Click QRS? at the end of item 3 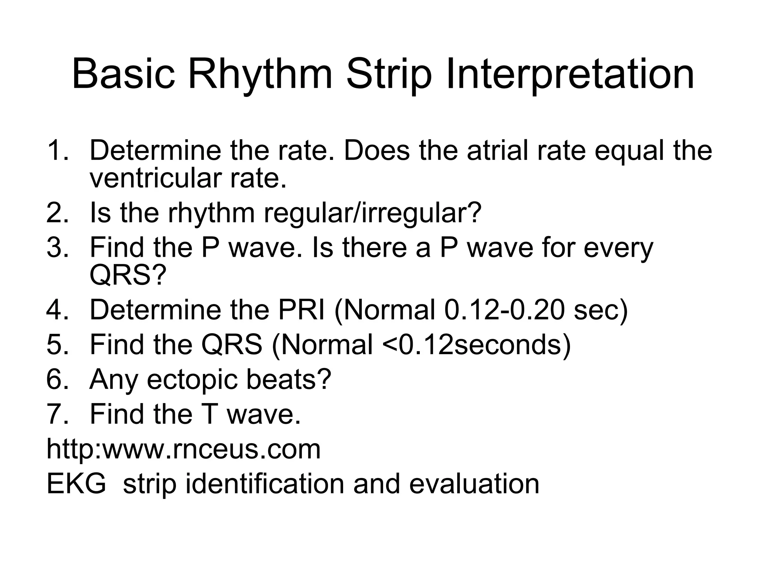click(127, 275)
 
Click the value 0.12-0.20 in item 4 click(504, 310)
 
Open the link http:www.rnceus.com click(184, 449)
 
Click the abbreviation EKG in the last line click(76, 484)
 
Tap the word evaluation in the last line click(474, 484)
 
